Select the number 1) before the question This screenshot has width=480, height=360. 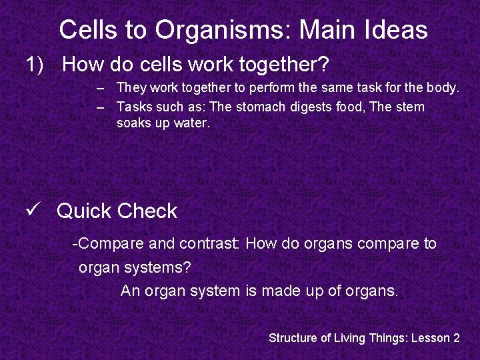[35, 65]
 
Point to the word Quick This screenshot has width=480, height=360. [84, 211]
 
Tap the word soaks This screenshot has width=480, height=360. [132, 123]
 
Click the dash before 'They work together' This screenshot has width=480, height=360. [99, 87]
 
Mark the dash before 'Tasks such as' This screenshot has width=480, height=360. [99, 107]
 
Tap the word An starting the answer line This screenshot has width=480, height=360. [130, 291]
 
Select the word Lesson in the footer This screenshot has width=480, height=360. [430, 338]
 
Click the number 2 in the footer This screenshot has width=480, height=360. [456, 338]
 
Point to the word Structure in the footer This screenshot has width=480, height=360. [293, 338]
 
